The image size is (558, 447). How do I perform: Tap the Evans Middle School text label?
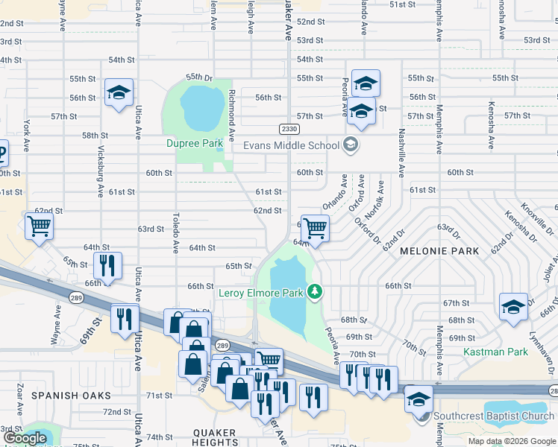click(x=292, y=145)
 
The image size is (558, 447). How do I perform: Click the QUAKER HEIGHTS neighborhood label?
click(x=215, y=439)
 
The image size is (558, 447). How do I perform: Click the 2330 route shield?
click(x=289, y=129)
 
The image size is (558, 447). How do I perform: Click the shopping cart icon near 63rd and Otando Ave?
click(x=316, y=229)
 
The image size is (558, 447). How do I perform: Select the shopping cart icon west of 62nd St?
click(x=39, y=226)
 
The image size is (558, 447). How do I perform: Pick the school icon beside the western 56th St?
click(x=119, y=94)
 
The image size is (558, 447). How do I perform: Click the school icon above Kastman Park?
click(x=513, y=308)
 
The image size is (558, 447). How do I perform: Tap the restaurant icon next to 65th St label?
click(x=107, y=266)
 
